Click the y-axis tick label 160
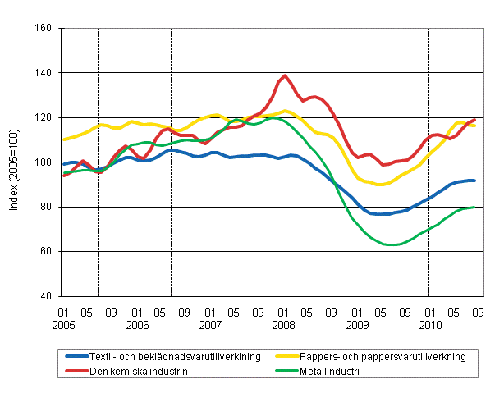[x=44, y=28]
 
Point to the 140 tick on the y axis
[x=44, y=73]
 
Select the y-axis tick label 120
[x=44, y=117]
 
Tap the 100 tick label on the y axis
[x=44, y=162]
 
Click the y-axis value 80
[x=47, y=207]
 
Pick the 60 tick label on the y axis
[x=47, y=251]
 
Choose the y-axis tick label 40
[x=47, y=296]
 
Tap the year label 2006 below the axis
[x=137, y=325]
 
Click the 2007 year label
[x=210, y=325]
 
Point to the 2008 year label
[x=283, y=325]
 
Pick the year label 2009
[x=357, y=325]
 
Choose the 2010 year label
[x=430, y=325]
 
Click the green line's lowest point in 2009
[x=394, y=244]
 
